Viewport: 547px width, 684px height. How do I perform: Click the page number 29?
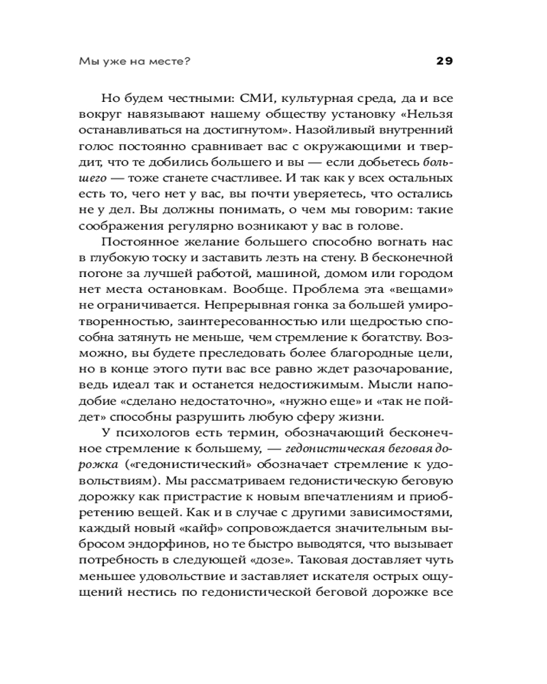click(x=444, y=61)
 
